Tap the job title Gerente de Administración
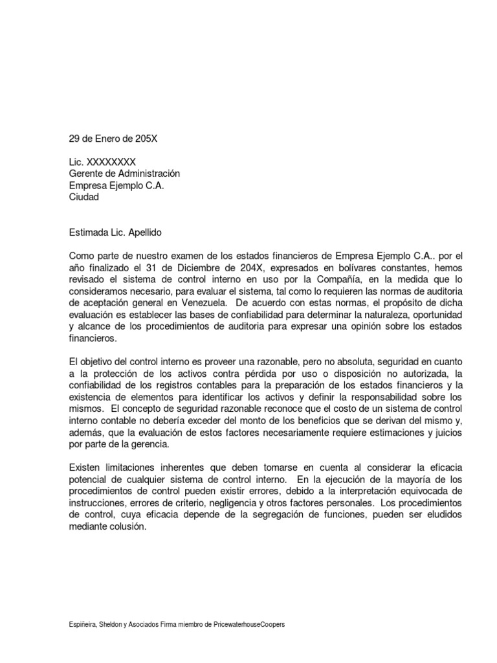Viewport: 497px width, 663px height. [124, 174]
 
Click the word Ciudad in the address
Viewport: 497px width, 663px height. [84, 197]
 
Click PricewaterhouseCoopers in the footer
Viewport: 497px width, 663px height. [249, 625]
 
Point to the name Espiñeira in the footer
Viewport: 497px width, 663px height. [83, 625]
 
